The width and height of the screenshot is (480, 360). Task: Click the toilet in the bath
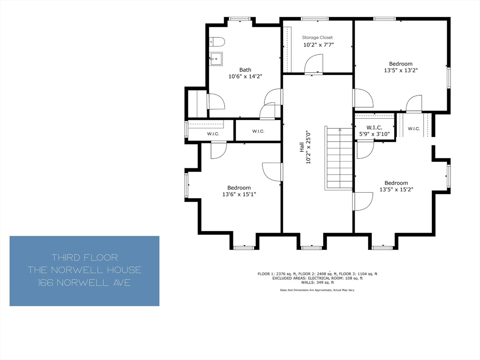tap(217, 42)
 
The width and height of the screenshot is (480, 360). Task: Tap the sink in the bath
tap(216, 59)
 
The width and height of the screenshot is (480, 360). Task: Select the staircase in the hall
tap(338, 158)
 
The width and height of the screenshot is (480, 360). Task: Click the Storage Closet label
tap(317, 37)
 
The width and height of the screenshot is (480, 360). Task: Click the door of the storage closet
tap(314, 65)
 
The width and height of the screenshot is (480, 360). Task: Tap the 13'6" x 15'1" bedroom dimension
tap(239, 194)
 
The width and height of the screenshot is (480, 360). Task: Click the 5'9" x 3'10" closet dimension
tap(375, 134)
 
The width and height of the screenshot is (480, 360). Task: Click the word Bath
tap(245, 70)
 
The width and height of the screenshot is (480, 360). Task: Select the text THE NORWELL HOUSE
tap(84, 270)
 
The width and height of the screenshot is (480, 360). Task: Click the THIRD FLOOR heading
tap(84, 257)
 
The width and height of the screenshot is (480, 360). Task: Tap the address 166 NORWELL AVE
tap(84, 283)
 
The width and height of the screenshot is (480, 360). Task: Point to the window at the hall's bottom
tap(311, 247)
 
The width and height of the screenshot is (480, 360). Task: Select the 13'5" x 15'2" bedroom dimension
tap(396, 189)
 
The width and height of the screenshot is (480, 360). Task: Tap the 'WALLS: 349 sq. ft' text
tap(317, 283)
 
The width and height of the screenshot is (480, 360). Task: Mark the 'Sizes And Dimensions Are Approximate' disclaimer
tap(317, 290)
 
